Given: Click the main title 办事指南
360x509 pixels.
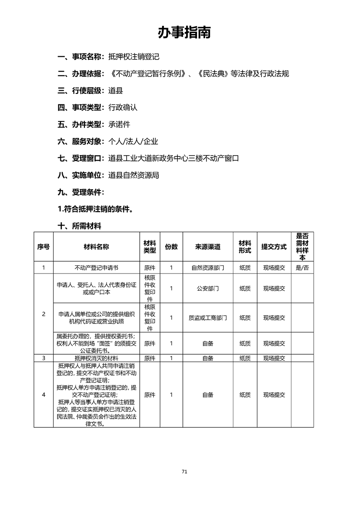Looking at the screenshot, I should (x=184, y=33).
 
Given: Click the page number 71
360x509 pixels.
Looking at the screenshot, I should (x=184, y=471).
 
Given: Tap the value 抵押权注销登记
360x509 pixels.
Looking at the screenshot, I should (x=134, y=57).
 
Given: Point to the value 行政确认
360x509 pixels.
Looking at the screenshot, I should (x=123, y=108).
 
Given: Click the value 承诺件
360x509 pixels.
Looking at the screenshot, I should (x=119, y=124).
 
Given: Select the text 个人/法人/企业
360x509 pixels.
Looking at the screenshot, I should (x=133, y=142).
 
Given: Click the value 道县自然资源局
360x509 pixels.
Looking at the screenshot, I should (x=134, y=175).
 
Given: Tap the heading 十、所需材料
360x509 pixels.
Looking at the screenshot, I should (x=79, y=226).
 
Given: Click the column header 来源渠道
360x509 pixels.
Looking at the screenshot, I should (x=208, y=247).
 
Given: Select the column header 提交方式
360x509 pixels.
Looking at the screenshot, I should (x=274, y=247).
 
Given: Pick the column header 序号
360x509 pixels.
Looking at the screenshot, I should (x=44, y=247).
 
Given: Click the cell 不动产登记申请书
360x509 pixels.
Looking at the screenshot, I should (x=96, y=268).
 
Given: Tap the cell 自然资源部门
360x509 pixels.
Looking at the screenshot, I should (x=208, y=268).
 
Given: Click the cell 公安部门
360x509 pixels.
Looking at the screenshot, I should (x=208, y=289).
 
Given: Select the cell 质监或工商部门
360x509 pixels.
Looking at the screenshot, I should (x=208, y=318).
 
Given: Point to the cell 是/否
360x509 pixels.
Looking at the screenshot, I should (x=302, y=268).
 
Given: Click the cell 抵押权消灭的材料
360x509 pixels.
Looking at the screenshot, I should (x=96, y=358).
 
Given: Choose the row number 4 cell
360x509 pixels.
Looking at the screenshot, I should (x=44, y=395).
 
